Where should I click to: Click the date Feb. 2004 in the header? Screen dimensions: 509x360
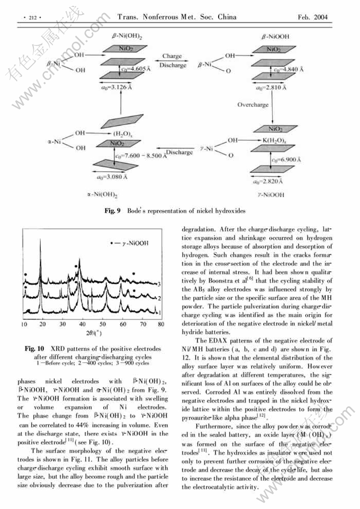pos(312,17)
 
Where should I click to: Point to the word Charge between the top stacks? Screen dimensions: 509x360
pos(172,56)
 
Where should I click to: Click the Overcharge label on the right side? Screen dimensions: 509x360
pos(253,105)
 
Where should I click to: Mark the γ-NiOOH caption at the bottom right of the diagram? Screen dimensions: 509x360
pos(271,195)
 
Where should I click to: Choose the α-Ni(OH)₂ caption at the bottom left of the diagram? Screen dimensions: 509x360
pos(102,194)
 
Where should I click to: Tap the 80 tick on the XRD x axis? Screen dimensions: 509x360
pos(161,324)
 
